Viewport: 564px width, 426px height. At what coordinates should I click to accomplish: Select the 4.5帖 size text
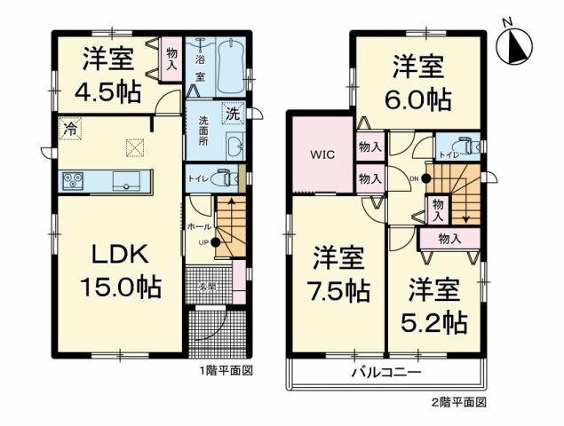[x=110, y=91]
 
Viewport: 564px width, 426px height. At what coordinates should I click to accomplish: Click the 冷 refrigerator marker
[x=68, y=128]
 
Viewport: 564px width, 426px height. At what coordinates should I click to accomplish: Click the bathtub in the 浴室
[x=229, y=67]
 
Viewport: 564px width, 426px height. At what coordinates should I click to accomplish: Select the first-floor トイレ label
[x=197, y=178]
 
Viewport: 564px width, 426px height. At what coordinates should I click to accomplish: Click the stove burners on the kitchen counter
[x=72, y=181]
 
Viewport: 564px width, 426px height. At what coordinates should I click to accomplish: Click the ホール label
[x=200, y=227]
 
